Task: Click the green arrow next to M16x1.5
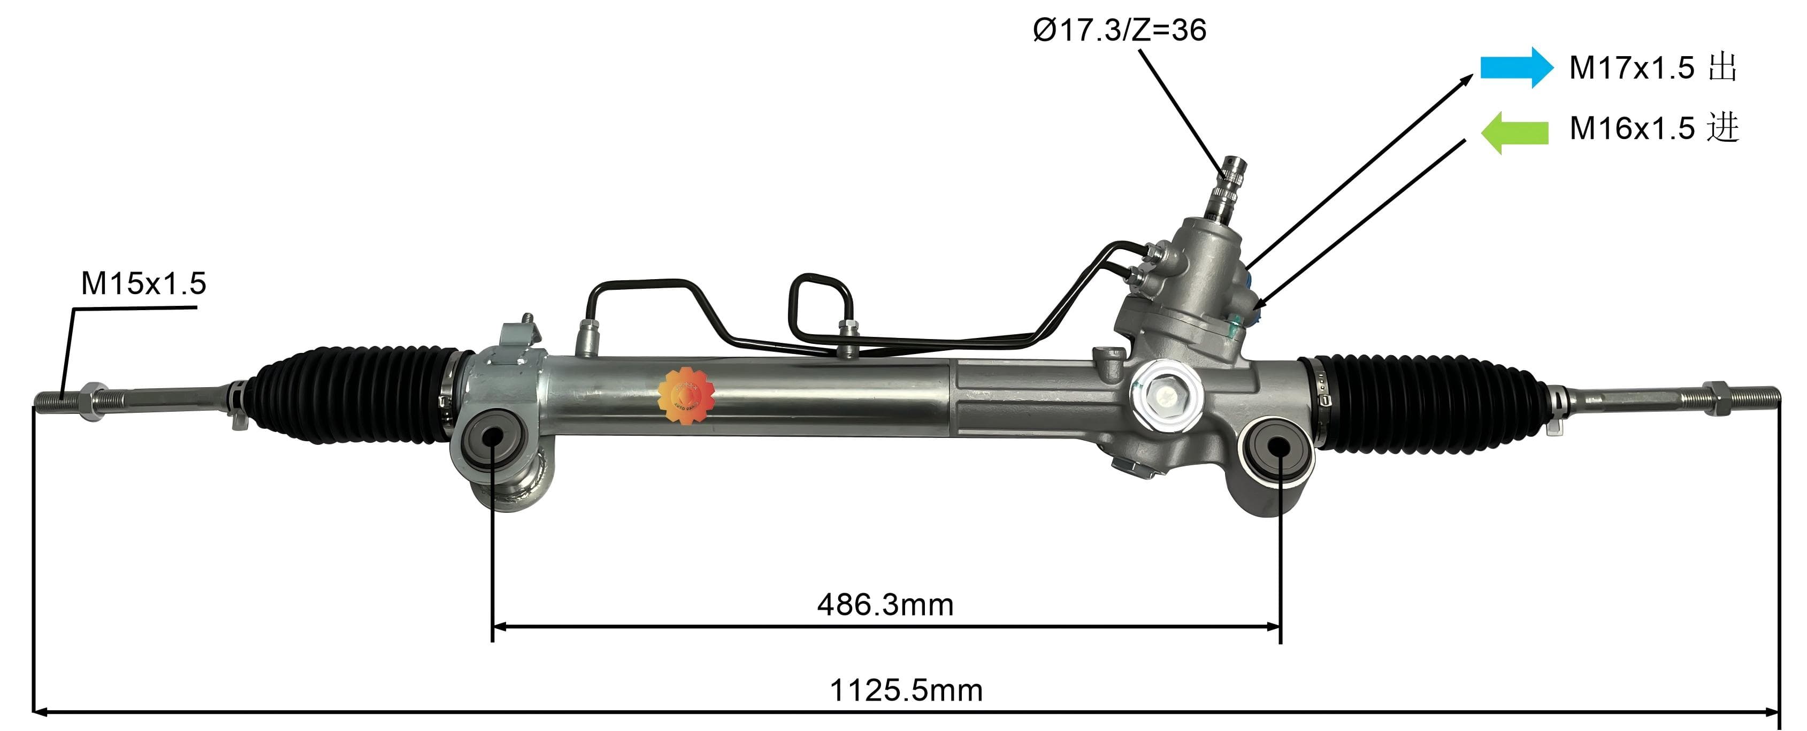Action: (1515, 132)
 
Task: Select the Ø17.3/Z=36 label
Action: (1120, 30)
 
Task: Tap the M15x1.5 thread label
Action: (143, 283)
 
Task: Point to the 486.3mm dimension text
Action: (885, 605)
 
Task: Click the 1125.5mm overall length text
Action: (906, 690)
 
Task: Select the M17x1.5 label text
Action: (1632, 68)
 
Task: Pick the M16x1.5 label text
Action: (1632, 128)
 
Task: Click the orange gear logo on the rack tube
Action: (685, 396)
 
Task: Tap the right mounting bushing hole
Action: (1278, 447)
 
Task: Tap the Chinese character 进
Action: (1723, 128)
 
